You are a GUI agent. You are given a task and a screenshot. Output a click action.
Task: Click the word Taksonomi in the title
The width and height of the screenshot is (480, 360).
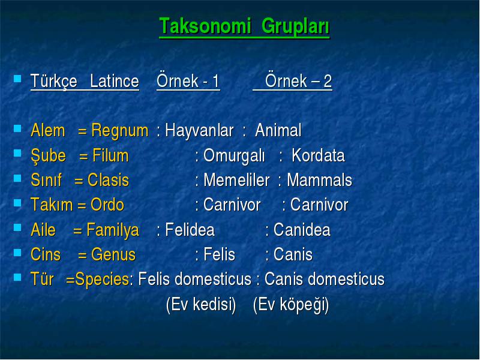(205, 26)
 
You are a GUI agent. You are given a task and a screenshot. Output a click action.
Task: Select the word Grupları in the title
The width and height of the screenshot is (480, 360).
(295, 27)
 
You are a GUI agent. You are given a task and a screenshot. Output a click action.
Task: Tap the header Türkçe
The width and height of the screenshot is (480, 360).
(54, 82)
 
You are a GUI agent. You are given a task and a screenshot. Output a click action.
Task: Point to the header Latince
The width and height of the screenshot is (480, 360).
(115, 81)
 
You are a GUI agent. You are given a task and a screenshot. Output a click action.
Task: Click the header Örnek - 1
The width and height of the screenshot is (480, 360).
(188, 81)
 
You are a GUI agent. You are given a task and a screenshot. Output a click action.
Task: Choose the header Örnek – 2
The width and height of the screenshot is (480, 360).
(298, 81)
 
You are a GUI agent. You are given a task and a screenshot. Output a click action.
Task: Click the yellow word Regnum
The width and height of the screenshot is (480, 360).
(120, 131)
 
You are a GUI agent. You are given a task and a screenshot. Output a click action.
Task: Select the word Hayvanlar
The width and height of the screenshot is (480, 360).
(199, 130)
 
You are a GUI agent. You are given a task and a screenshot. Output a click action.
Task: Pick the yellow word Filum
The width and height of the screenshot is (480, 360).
(110, 155)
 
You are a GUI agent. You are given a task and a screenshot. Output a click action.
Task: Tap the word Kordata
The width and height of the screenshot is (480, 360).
(318, 155)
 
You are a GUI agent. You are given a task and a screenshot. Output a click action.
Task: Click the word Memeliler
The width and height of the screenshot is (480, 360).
(236, 180)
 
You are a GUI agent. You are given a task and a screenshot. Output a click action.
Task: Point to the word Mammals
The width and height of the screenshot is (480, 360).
(319, 180)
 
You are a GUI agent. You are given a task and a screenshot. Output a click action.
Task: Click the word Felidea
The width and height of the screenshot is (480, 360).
(190, 230)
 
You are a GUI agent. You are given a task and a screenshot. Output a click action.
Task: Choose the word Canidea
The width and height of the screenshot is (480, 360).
(302, 230)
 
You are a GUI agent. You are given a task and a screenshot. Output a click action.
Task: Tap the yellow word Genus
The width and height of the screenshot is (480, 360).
(113, 254)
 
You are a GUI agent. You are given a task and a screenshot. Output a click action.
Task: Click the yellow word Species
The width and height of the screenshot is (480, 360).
(102, 280)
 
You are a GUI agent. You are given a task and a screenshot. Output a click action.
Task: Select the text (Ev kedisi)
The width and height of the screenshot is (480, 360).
(201, 305)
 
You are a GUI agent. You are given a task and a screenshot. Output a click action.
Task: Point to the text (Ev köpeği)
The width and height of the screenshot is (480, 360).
(291, 305)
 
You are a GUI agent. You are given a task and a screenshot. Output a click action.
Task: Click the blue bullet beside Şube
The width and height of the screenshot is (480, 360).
(17, 153)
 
